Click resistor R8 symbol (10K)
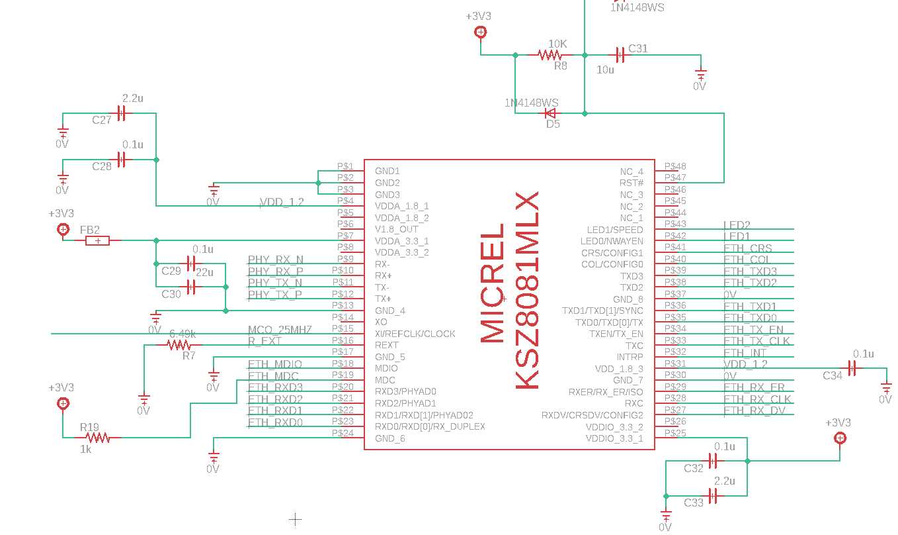pos(550,56)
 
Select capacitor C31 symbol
pos(620,56)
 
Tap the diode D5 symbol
pos(550,113)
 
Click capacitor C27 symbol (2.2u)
pos(121,113)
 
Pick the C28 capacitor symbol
pos(121,160)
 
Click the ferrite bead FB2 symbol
pos(98,241)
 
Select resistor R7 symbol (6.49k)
pos(179,345)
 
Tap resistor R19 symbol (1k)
pos(98,438)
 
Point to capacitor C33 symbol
pos(713,495)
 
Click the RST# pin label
pos(631,183)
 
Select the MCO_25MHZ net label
pos(279,330)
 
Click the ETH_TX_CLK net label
pos(756,341)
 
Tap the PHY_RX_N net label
pos(276,260)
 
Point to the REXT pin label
pos(387,345)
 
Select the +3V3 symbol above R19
pos(63,403)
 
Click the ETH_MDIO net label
pos(275,364)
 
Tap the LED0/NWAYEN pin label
pos(611,241)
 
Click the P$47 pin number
pos(675,178)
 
